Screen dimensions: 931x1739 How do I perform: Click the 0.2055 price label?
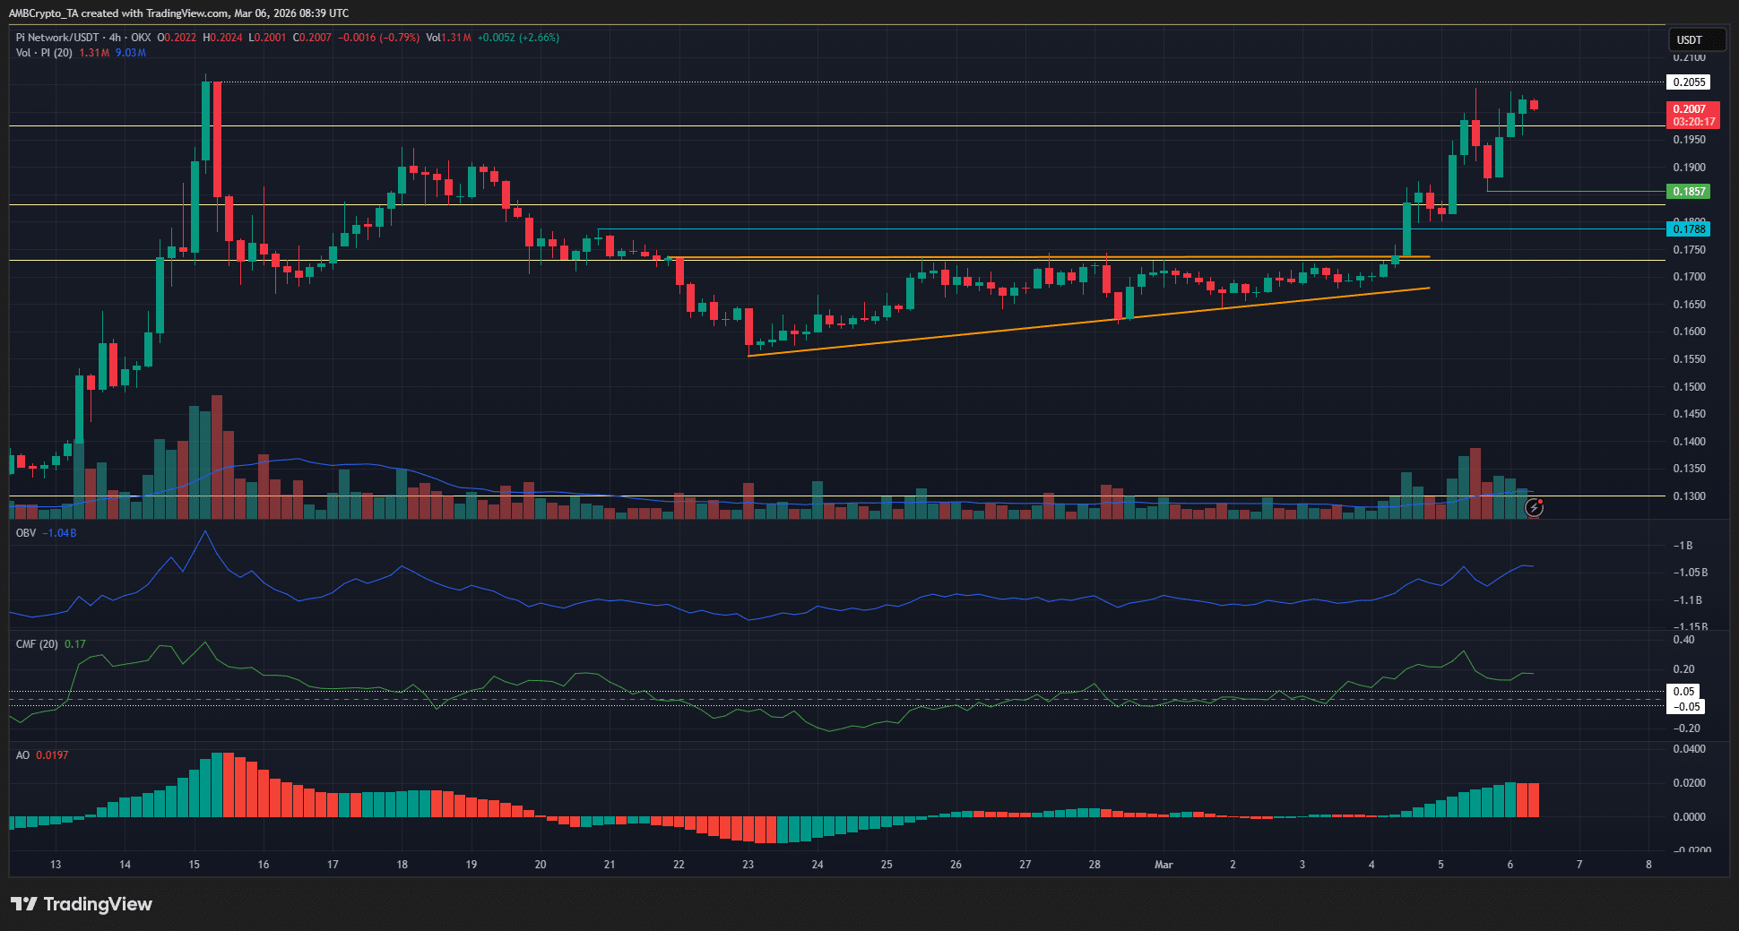[x=1689, y=82]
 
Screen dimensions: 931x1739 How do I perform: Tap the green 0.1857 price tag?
[x=1689, y=192]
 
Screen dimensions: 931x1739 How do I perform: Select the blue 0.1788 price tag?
[x=1689, y=229]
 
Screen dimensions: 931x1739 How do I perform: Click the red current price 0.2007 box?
[x=1692, y=115]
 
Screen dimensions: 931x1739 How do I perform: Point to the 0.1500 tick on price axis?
[x=1689, y=387]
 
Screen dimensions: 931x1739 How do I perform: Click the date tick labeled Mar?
[x=1164, y=865]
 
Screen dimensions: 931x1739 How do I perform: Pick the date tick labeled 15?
[x=195, y=865]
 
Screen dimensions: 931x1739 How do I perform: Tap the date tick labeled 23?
[x=748, y=865]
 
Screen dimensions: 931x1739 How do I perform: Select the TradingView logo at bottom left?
[x=82, y=904]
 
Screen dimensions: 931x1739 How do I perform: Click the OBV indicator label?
[x=26, y=533]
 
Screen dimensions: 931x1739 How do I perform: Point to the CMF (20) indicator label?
[x=37, y=644]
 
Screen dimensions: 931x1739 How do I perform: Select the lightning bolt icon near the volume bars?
[x=1535, y=508]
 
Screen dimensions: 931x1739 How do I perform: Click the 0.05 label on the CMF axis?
[x=1683, y=692]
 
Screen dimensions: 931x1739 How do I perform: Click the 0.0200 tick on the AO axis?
[x=1689, y=783]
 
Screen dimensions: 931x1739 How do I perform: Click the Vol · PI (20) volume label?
[x=44, y=53]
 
